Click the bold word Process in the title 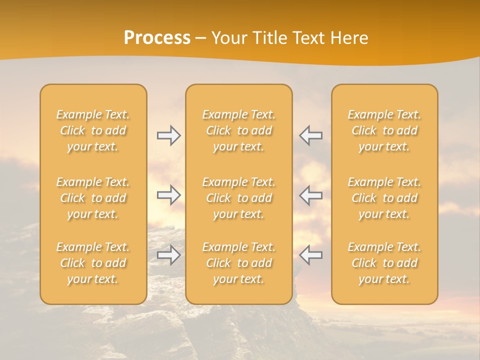tap(157, 38)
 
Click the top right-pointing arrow tap(168, 135)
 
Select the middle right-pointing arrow tap(168, 195)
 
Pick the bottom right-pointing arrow tap(168, 255)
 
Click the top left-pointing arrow tap(311, 135)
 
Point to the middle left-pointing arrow tap(311, 195)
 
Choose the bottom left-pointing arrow tap(311, 255)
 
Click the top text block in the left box tap(93, 130)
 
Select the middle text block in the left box tap(93, 198)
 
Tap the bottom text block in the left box tap(93, 263)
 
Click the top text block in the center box tap(239, 130)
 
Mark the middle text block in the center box tap(239, 198)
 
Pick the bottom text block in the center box tap(239, 263)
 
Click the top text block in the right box tap(384, 130)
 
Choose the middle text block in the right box tap(384, 198)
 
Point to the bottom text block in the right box tap(384, 263)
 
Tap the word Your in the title tap(228, 38)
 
